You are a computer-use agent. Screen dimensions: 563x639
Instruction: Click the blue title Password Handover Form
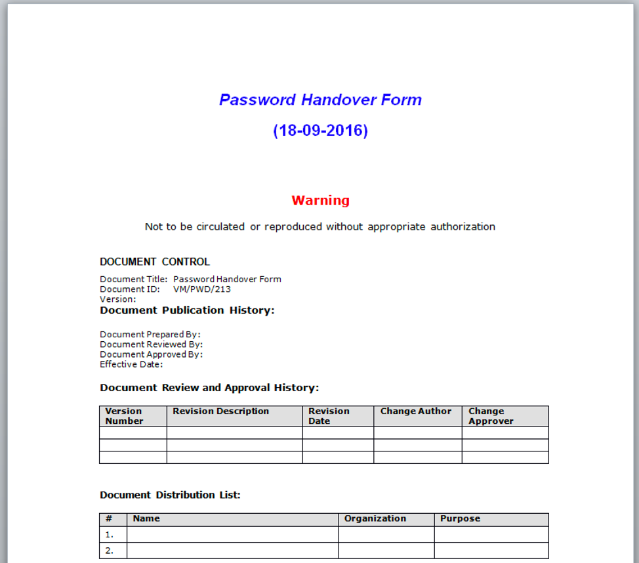point(320,100)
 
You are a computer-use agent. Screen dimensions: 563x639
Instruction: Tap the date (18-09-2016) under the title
point(320,131)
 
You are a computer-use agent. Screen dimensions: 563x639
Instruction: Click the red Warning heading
point(320,200)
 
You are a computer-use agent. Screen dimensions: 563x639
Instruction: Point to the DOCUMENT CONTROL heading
point(155,262)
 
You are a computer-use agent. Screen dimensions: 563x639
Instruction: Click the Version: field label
point(118,299)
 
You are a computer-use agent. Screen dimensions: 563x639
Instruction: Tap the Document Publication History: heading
point(187,310)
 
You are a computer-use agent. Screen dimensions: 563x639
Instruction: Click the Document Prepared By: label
point(150,335)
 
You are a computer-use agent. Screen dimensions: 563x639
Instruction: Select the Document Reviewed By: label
point(151,344)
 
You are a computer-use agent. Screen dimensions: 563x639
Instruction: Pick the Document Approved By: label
point(151,354)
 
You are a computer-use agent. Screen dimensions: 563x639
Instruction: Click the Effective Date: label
point(131,364)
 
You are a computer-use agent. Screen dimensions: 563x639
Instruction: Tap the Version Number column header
point(124,416)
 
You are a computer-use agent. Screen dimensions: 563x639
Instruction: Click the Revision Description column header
point(220,411)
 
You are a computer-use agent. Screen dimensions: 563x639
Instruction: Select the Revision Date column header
point(329,416)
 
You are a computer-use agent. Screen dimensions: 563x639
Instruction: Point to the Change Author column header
point(416,411)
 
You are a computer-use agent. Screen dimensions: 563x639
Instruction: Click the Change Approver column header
point(491,416)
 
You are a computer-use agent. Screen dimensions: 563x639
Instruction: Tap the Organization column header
point(375,518)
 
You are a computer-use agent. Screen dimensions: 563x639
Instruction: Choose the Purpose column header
point(460,518)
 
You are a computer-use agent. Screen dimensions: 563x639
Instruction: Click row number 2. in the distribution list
point(110,551)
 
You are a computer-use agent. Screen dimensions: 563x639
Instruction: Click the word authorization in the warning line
point(463,227)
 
